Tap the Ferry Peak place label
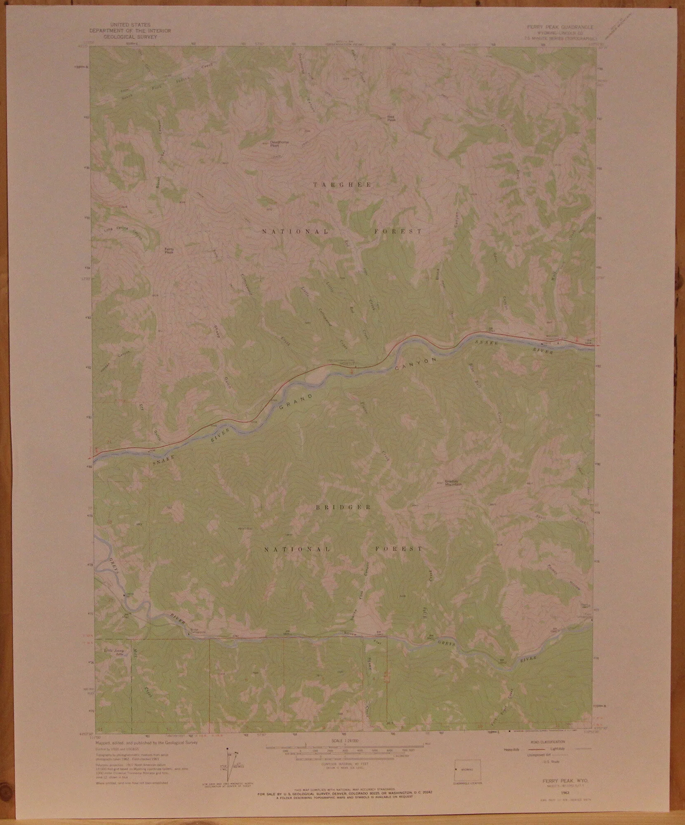pyautogui.click(x=169, y=250)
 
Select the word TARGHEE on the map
pyautogui.click(x=342, y=185)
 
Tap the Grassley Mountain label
pyautogui.click(x=452, y=482)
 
